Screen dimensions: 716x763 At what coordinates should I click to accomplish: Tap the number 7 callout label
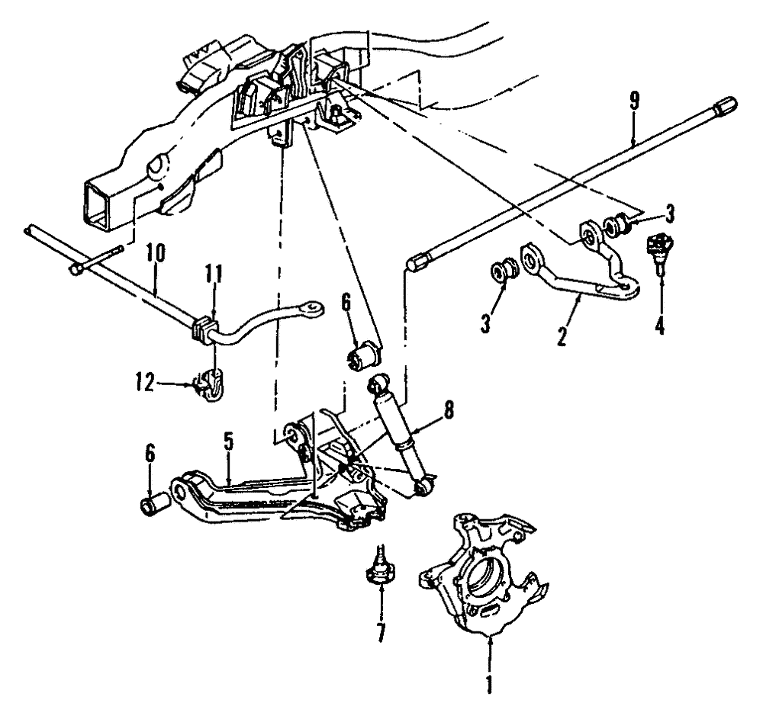[x=379, y=632]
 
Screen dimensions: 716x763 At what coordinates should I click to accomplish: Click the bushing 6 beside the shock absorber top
[x=365, y=354]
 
